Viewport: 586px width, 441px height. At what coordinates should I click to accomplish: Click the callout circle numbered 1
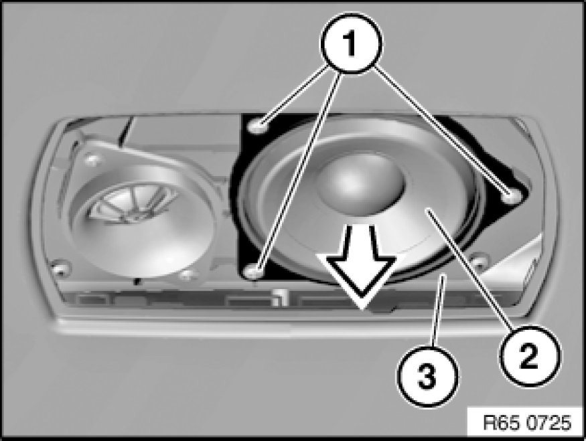350,43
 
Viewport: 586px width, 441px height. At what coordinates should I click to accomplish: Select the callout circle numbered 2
530,357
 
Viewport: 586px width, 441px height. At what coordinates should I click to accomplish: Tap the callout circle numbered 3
427,376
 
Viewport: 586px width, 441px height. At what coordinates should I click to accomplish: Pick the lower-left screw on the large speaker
253,271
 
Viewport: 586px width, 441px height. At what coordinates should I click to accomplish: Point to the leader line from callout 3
439,311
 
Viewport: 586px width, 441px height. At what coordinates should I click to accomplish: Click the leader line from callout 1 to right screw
442,130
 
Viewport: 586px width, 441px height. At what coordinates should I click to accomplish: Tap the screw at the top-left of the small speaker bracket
92,160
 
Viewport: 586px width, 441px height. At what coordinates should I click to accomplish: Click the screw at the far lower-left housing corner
60,267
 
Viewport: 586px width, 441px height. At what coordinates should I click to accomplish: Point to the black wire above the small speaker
125,130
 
